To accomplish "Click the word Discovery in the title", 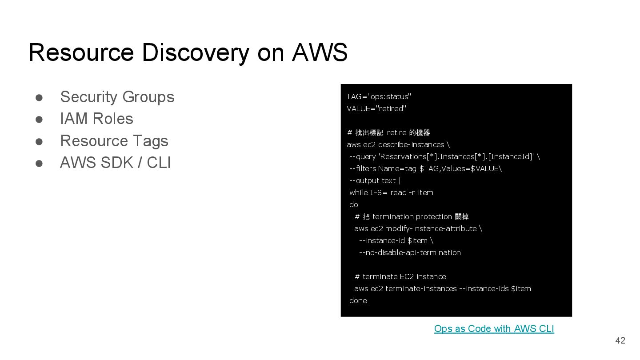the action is pyautogui.click(x=196, y=52).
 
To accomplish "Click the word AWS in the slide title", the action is pyautogui.click(x=320, y=52).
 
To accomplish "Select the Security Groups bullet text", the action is pyautogui.click(x=117, y=97).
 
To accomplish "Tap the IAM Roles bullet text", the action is pyautogui.click(x=96, y=119).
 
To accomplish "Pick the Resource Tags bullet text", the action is pyautogui.click(x=114, y=141).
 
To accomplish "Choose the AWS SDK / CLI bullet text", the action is pyautogui.click(x=115, y=163).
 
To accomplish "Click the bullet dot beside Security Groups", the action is pyautogui.click(x=39, y=97).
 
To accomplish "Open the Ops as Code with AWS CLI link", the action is pyautogui.click(x=494, y=329).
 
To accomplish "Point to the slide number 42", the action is pyautogui.click(x=620, y=340).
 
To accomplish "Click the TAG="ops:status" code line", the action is pyautogui.click(x=379, y=96).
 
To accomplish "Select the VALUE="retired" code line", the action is pyautogui.click(x=376, y=108).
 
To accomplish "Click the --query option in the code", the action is pyautogui.click(x=363, y=156).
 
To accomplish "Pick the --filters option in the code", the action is pyautogui.click(x=363, y=168).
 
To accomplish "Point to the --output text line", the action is pyautogui.click(x=375, y=180).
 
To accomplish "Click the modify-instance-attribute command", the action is pyautogui.click(x=431, y=228).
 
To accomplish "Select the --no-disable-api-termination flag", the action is pyautogui.click(x=409, y=252).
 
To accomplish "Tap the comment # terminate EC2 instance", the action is pyautogui.click(x=400, y=276).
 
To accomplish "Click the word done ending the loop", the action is pyautogui.click(x=358, y=300).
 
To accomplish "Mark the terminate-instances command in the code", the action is pyautogui.click(x=421, y=288).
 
